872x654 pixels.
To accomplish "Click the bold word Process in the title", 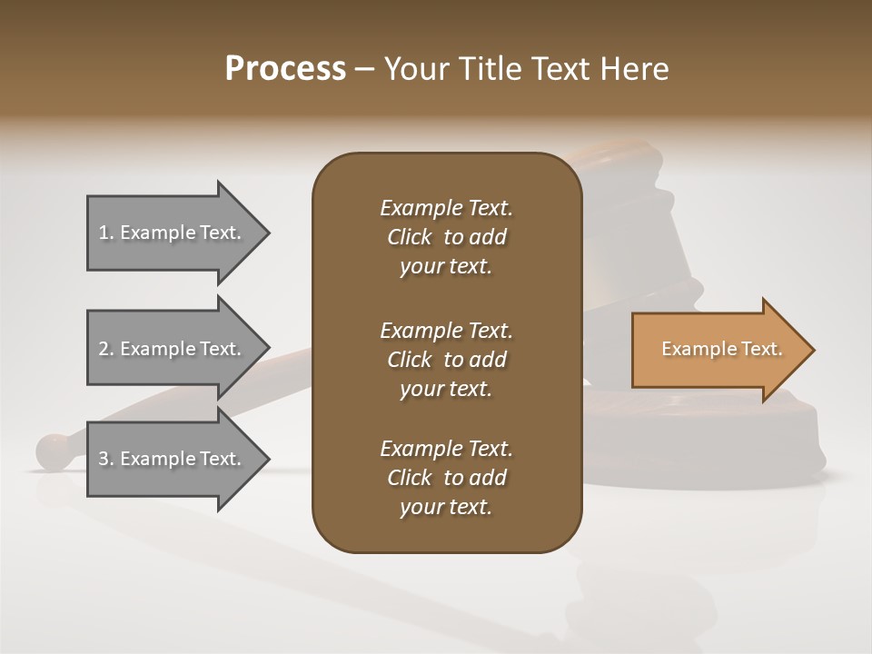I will pyautogui.click(x=285, y=69).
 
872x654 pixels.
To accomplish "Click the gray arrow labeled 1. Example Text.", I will pyautogui.click(x=173, y=233).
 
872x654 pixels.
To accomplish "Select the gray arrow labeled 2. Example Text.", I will pyautogui.click(x=173, y=349).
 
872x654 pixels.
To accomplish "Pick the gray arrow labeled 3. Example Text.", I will pyautogui.click(x=173, y=459).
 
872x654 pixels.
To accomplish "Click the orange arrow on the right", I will pyautogui.click(x=718, y=350).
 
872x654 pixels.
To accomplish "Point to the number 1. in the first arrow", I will pyautogui.click(x=106, y=233).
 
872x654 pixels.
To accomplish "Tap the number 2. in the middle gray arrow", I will pyautogui.click(x=106, y=349).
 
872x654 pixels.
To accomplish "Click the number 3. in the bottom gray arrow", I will pyautogui.click(x=106, y=459).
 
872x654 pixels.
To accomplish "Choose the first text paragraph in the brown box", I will pyautogui.click(x=446, y=237).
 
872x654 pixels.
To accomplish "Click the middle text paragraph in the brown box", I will pyautogui.click(x=446, y=359).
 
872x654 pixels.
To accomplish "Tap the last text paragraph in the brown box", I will pyautogui.click(x=446, y=478).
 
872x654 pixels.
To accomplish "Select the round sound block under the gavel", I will pyautogui.click(x=708, y=436).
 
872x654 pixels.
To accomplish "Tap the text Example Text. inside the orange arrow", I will pyautogui.click(x=721, y=349).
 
